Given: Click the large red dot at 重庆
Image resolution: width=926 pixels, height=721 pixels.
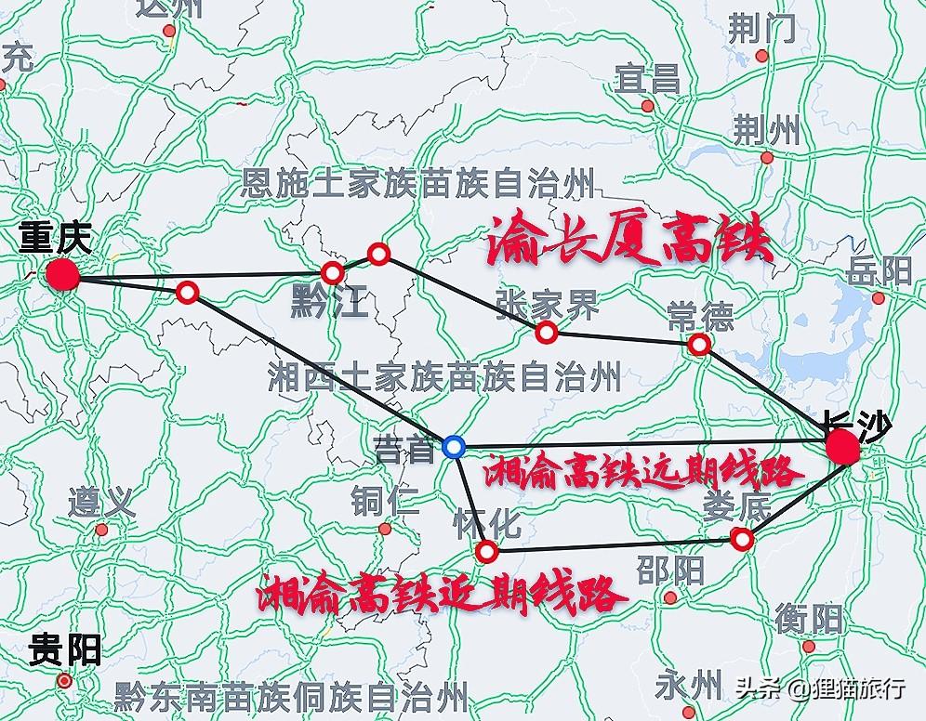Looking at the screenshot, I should point(62,274).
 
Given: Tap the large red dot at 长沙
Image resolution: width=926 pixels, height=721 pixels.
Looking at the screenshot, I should point(843,448).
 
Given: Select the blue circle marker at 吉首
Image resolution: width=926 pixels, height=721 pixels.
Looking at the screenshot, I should point(454,447).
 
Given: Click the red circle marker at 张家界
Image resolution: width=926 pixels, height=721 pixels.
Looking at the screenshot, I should point(547,332).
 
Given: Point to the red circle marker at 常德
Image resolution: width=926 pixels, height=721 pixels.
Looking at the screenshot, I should point(699,345).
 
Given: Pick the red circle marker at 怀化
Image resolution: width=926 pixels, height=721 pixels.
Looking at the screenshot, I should point(486,553).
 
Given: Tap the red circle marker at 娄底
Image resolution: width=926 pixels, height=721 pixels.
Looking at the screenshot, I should point(741,538).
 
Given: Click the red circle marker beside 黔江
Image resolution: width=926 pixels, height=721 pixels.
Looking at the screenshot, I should point(332,272).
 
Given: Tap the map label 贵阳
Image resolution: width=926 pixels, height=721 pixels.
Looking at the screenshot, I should point(65,649).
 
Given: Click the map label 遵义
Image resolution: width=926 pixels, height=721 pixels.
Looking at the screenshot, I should point(101,505).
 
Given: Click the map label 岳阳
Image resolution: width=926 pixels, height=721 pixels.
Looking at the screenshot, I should point(880,271).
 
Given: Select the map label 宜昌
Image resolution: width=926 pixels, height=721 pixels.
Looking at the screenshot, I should point(647,79).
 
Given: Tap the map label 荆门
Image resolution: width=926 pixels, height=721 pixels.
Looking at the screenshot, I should point(761,31).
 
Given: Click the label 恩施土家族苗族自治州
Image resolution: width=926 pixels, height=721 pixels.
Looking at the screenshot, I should point(417,183).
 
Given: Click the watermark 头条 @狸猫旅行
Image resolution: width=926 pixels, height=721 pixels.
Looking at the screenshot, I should point(821,689).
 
